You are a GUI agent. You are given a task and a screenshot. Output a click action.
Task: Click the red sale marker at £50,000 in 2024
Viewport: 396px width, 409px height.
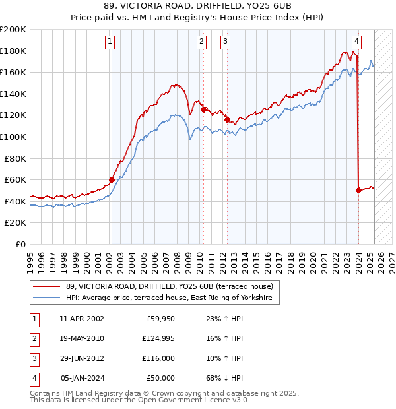358,190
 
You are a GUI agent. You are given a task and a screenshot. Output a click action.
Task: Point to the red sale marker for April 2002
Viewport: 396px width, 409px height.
112,179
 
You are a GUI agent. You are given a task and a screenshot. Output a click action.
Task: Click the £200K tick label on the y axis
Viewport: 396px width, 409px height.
13,30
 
